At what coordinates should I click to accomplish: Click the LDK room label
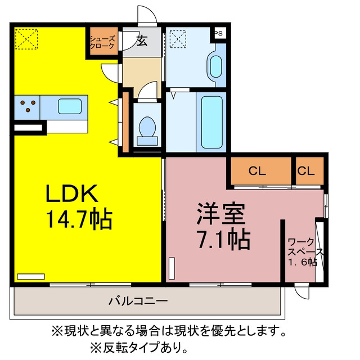click(72, 193)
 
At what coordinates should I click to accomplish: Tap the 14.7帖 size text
click(79, 219)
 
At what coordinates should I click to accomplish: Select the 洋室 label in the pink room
click(221, 214)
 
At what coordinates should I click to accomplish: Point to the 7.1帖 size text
click(224, 238)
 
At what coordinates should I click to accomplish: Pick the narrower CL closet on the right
click(310, 171)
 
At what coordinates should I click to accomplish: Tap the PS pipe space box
click(219, 33)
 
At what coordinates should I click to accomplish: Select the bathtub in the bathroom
click(211, 122)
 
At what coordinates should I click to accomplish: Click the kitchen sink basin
click(70, 106)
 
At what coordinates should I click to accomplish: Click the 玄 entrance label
click(142, 41)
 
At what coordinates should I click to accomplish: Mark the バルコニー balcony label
click(138, 301)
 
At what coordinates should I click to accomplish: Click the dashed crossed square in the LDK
click(26, 39)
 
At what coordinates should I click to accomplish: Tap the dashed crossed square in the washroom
click(178, 39)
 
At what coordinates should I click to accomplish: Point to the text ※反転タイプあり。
click(139, 348)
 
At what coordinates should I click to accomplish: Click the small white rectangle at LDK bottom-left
click(31, 276)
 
